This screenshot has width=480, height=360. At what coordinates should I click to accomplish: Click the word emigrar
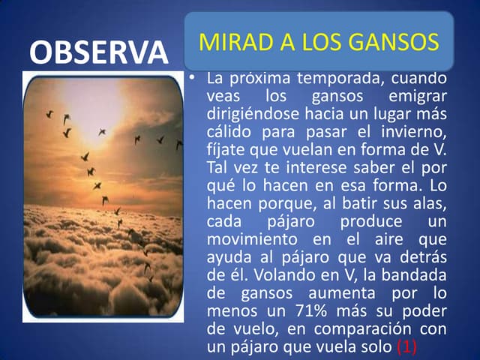click(x=418, y=97)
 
